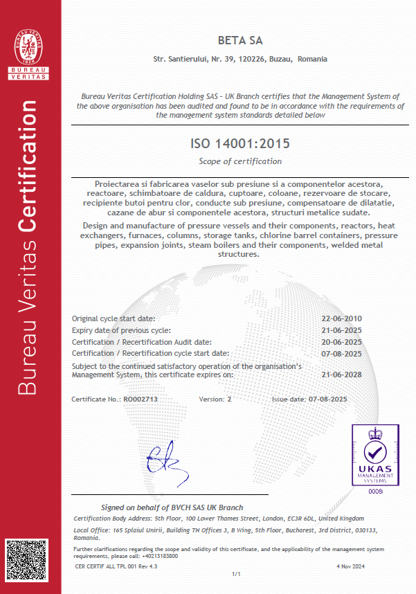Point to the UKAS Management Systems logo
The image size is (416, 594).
[x=374, y=454]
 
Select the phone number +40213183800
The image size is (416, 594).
[x=163, y=555]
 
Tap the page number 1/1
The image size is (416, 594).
[x=235, y=574]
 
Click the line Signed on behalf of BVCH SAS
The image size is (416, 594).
[x=163, y=507]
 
